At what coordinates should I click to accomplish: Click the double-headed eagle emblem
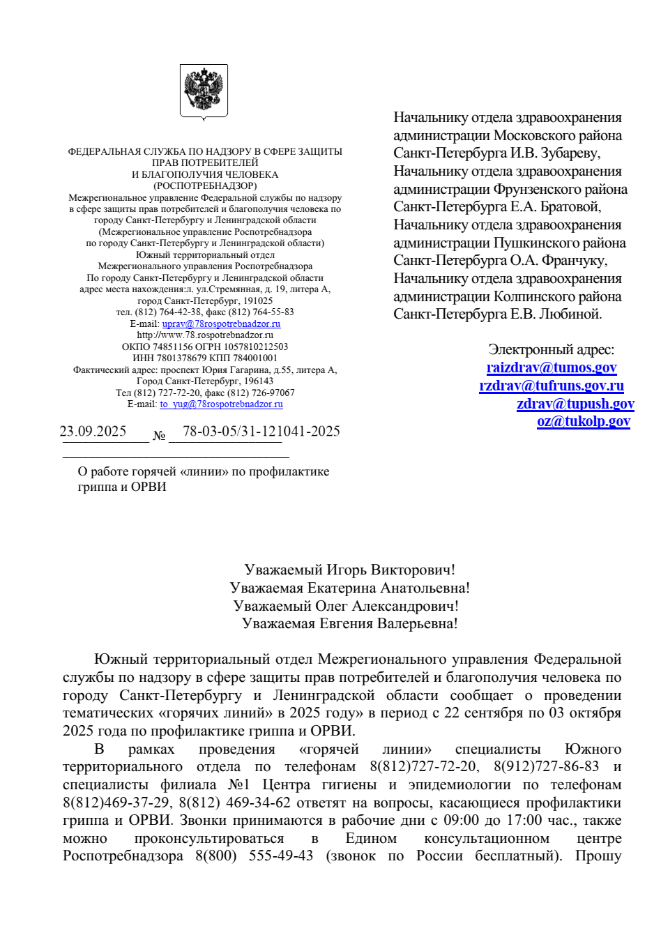coord(204,91)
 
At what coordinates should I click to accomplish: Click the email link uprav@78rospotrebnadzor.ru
coord(221,324)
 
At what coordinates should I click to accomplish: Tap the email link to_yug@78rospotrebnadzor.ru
coord(221,404)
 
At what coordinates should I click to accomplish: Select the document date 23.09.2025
coord(93,431)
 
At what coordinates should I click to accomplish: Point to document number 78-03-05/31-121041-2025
coord(261,431)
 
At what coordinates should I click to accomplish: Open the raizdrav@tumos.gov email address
coord(552,367)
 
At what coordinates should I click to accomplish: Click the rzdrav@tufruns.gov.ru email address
coord(552,386)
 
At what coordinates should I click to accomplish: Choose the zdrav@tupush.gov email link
coord(575,404)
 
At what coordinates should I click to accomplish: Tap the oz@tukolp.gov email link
coord(584,421)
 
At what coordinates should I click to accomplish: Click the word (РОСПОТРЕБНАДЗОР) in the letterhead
coord(205,185)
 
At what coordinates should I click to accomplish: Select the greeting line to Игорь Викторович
coord(349,570)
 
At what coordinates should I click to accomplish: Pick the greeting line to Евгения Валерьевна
coord(349,623)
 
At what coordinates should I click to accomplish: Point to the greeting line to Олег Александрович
coord(346,606)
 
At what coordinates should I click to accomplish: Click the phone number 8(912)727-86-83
coord(546,766)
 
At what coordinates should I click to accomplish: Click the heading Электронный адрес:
coord(551,349)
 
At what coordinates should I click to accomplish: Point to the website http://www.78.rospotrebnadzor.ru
coord(205,335)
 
